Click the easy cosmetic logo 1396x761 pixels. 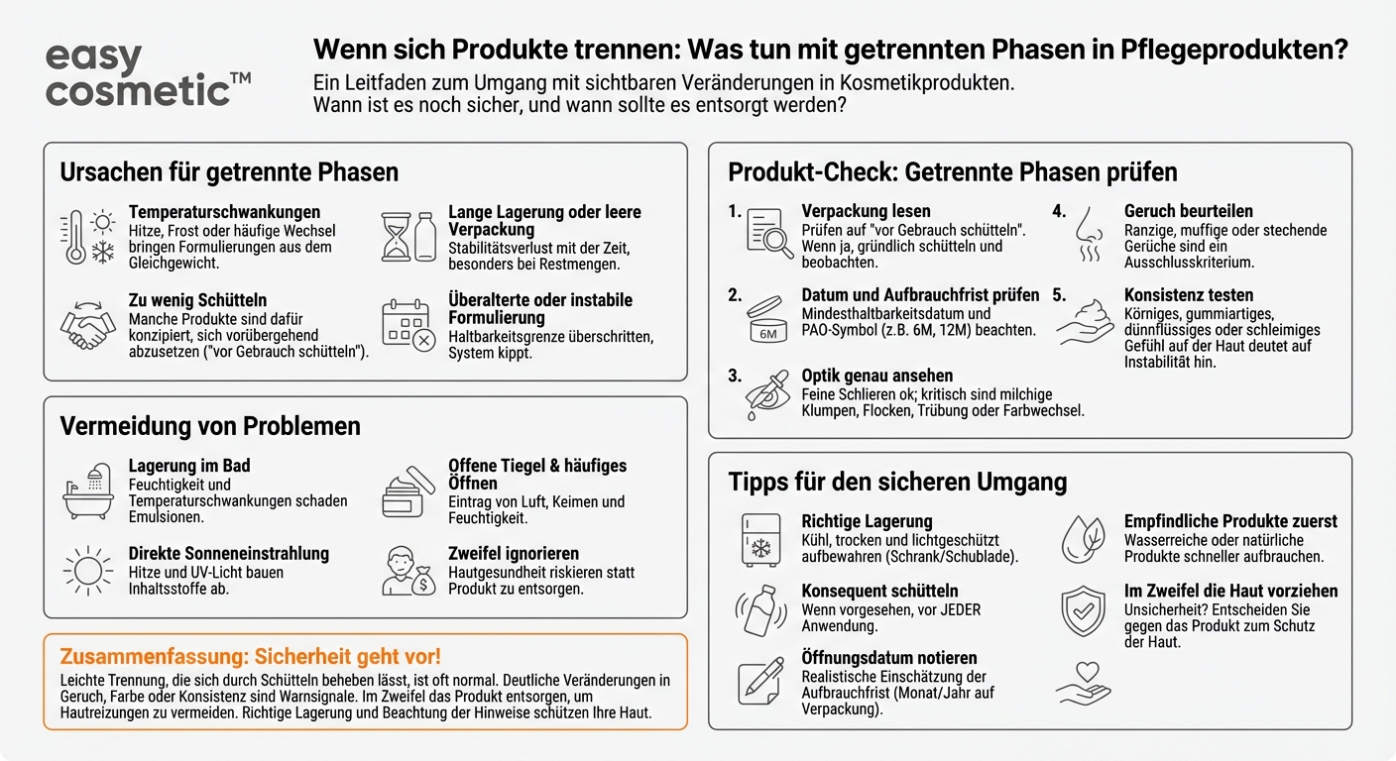pyautogui.click(x=148, y=74)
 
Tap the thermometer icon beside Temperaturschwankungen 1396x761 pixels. pyautogui.click(x=74, y=238)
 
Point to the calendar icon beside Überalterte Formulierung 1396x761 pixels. pyautogui.click(x=407, y=326)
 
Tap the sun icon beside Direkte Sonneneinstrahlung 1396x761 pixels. pyautogui.click(x=86, y=571)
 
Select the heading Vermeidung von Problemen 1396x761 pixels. pyautogui.click(x=210, y=426)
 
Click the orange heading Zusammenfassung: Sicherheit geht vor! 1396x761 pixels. pyautogui.click(x=251, y=656)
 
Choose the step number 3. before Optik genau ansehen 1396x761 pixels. pyautogui.click(x=735, y=376)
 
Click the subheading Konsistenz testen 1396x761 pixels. pyautogui.click(x=1188, y=295)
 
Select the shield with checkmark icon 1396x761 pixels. pyautogui.click(x=1083, y=609)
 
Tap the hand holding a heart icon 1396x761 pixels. pyautogui.click(x=1084, y=682)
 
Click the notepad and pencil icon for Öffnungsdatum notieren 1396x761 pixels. pyautogui.click(x=760, y=681)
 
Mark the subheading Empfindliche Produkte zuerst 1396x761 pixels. pyautogui.click(x=1229, y=521)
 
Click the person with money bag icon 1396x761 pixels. pyautogui.click(x=409, y=572)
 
